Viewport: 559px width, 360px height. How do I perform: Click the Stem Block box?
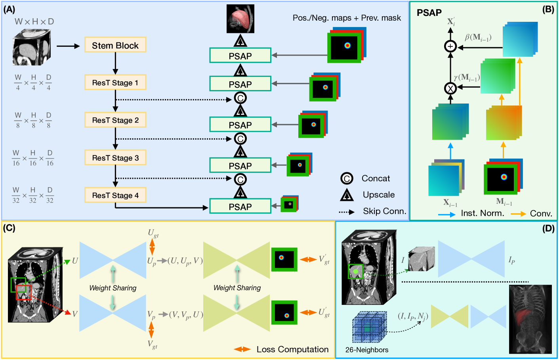pos(115,45)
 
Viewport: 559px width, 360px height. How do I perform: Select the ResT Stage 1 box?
pos(115,82)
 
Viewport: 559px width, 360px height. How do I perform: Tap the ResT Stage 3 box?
pos(115,158)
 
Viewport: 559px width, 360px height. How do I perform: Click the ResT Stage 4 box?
pos(115,195)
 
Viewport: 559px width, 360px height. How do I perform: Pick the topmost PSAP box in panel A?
pos(240,56)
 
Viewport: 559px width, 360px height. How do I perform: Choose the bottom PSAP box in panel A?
pos(240,207)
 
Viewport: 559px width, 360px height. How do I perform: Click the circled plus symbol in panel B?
pos(450,47)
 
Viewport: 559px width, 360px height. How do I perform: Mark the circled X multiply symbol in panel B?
pos(450,88)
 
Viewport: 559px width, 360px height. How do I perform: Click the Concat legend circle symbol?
pos(347,178)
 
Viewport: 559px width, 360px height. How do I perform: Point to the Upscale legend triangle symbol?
pos(347,195)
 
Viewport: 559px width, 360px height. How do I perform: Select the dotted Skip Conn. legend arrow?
pos(347,212)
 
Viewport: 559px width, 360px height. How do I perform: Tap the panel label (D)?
pos(548,228)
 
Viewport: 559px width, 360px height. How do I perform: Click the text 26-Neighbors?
pos(367,350)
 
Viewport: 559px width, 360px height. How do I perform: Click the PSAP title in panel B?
pos(429,13)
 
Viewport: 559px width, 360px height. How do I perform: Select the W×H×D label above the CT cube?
pos(34,21)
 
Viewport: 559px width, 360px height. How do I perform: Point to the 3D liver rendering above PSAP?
pos(240,19)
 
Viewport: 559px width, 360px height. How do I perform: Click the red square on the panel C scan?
pos(23,292)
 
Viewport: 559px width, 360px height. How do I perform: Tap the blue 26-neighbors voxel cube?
pos(369,327)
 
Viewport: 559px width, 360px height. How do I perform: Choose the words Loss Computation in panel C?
pos(292,349)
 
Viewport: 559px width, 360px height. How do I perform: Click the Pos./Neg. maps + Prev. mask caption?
pos(347,18)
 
